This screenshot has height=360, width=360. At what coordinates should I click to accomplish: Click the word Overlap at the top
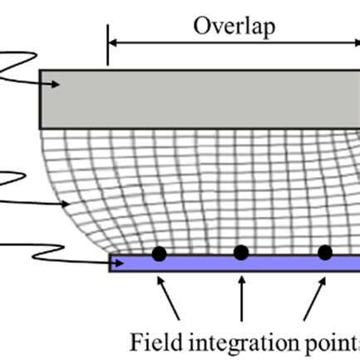click(234, 26)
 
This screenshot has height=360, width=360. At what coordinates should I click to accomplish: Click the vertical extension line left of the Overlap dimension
click(107, 45)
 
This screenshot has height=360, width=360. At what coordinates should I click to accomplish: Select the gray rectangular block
click(200, 98)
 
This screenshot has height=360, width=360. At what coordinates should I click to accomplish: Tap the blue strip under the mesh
click(233, 264)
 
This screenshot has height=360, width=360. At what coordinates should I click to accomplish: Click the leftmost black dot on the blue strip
click(159, 254)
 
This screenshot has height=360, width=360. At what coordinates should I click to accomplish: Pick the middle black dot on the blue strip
click(241, 253)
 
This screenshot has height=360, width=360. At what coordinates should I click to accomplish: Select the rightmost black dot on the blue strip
click(325, 253)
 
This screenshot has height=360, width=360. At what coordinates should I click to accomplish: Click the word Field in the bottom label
click(152, 342)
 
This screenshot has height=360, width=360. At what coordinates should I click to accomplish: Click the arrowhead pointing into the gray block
click(56, 83)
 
